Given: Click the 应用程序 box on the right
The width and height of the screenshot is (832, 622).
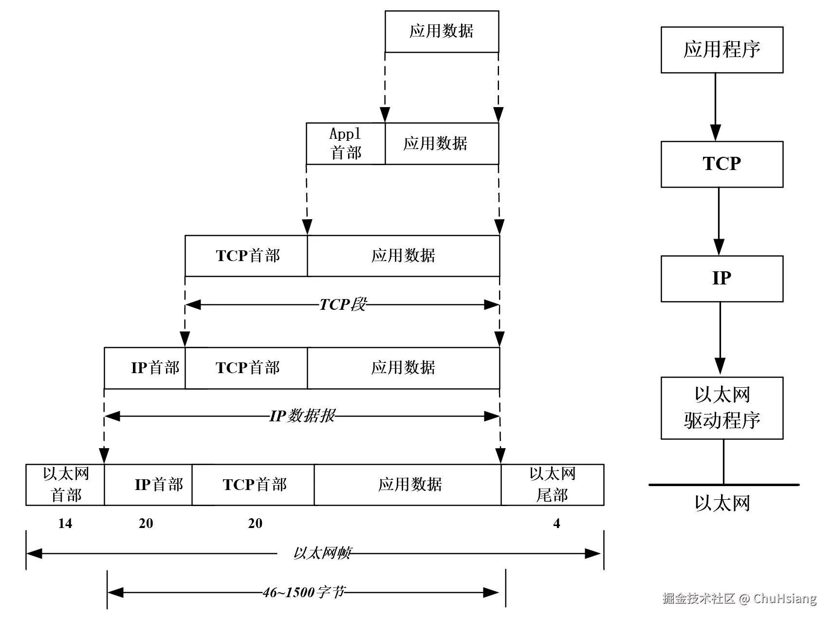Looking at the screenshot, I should pyautogui.click(x=721, y=50).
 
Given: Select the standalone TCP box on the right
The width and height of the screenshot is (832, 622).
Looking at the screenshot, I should pyautogui.click(x=721, y=164).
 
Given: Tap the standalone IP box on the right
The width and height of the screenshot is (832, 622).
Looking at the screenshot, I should pyautogui.click(x=721, y=279).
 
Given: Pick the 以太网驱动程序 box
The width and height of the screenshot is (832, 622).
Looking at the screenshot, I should pyautogui.click(x=721, y=408).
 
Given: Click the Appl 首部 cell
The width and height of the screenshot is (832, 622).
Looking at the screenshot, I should pyautogui.click(x=345, y=144).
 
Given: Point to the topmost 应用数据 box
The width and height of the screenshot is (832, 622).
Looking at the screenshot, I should pyautogui.click(x=441, y=32).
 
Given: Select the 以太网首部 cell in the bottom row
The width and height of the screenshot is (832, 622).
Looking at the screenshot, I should pyautogui.click(x=65, y=485).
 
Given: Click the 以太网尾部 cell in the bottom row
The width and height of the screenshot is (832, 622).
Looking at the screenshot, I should pyautogui.click(x=552, y=485).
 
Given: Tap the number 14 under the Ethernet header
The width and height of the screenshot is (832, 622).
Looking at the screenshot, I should pyautogui.click(x=65, y=524).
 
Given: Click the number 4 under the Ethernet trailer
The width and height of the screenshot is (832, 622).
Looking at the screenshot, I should pyautogui.click(x=556, y=524).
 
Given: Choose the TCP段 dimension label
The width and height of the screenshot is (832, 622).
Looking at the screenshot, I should pyautogui.click(x=342, y=305).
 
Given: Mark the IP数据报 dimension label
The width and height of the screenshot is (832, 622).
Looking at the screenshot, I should pyautogui.click(x=302, y=416).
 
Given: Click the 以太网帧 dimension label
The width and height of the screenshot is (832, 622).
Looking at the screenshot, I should pyautogui.click(x=321, y=553).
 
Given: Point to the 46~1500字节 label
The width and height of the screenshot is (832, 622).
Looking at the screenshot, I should pyautogui.click(x=304, y=592).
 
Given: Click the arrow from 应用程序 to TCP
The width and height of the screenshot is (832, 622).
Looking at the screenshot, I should pyautogui.click(x=715, y=107).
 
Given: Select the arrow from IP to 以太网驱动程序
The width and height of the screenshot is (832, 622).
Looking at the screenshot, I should pyautogui.click(x=720, y=339).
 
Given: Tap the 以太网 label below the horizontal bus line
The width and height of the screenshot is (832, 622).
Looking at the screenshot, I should pyautogui.click(x=722, y=503).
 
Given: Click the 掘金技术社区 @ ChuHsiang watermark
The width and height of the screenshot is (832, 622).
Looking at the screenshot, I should pyautogui.click(x=739, y=598).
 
